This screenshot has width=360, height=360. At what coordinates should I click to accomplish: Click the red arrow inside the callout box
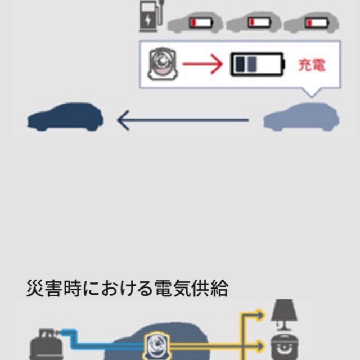point(203,65)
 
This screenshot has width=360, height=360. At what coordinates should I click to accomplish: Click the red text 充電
point(312,65)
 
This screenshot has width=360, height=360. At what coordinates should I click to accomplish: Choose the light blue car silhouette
point(301,117)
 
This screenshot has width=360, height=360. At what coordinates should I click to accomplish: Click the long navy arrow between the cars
point(183,119)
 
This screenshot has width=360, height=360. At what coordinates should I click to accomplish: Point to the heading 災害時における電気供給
point(127,289)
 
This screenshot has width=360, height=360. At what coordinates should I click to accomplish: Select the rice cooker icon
point(284,346)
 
